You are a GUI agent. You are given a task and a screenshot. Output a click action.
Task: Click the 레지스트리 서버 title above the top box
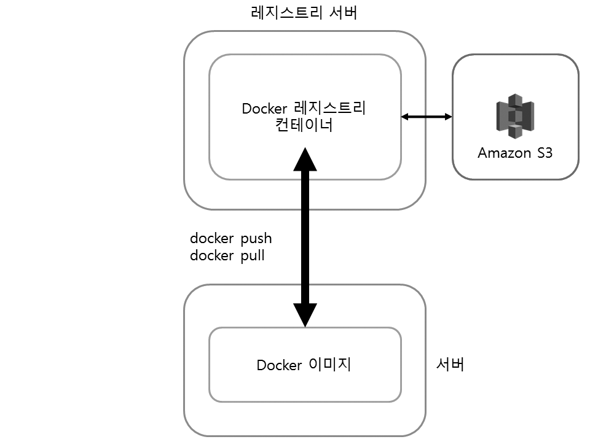coord(305,14)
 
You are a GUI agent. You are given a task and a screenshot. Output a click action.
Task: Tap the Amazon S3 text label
coord(515,153)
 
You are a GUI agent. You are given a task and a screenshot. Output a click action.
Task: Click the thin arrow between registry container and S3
coord(427,116)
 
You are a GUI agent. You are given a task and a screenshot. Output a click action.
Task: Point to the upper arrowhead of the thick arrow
coord(305,159)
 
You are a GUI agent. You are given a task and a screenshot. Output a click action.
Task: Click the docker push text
coord(230,238)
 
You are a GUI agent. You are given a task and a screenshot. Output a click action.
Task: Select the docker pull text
coord(227,255)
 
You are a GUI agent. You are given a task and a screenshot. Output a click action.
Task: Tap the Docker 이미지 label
coord(304,365)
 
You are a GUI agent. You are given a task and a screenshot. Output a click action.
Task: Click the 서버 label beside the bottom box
coord(450,365)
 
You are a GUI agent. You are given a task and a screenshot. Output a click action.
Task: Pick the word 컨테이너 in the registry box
coord(305,126)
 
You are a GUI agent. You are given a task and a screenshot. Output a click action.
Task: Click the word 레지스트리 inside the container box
coord(338,109)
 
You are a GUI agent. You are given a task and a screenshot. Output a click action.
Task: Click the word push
coord(255,238)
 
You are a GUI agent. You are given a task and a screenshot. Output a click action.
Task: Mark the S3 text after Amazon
coord(543,153)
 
